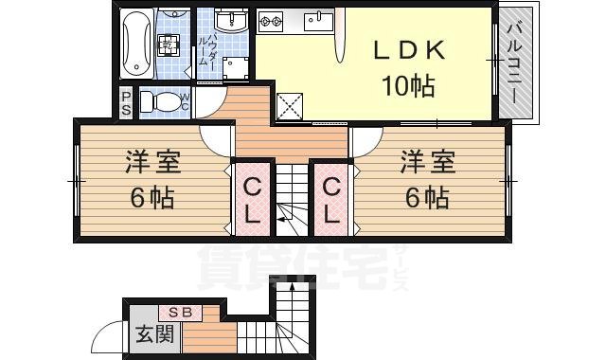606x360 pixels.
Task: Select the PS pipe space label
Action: [x=127, y=102]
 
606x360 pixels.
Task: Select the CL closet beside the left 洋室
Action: [x=250, y=200]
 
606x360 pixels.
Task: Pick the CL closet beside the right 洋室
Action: [x=330, y=200]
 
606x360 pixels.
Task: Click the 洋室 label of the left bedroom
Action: [x=153, y=162]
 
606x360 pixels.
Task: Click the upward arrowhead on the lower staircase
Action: [x=292, y=284]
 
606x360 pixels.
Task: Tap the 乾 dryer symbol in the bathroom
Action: [x=167, y=44]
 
